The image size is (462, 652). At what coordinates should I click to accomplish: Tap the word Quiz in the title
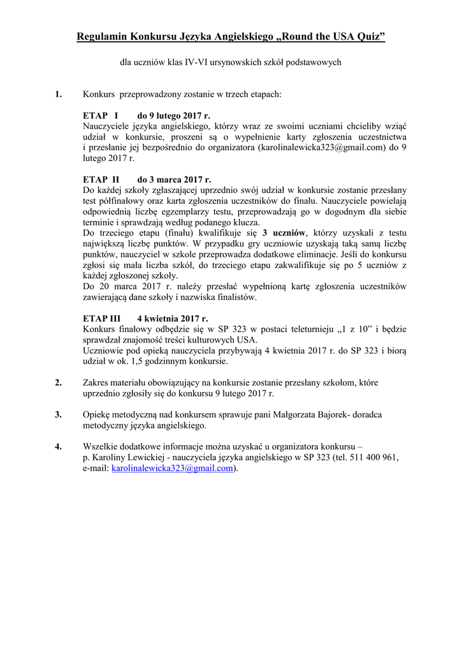(x=371, y=38)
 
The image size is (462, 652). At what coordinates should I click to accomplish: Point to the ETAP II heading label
(x=101, y=180)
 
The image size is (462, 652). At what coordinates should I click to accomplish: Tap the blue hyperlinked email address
(x=171, y=468)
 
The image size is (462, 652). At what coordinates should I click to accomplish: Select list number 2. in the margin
(x=58, y=383)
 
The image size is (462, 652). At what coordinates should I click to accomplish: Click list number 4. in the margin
(x=58, y=446)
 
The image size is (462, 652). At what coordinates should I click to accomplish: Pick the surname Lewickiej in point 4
(x=138, y=457)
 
